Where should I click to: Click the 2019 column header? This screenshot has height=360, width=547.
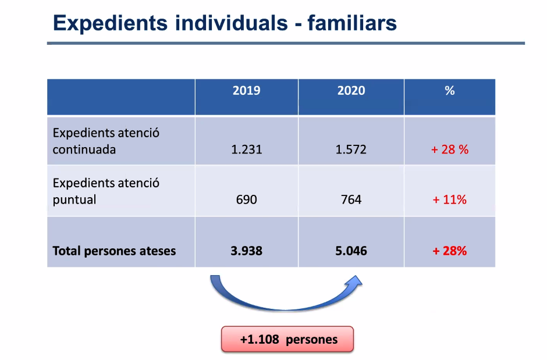click(246, 91)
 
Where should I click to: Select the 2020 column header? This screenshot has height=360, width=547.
click(351, 91)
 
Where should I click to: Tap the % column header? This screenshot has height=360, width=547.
click(449, 91)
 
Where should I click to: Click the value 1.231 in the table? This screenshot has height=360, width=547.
click(246, 149)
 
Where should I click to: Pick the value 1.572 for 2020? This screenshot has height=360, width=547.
click(351, 149)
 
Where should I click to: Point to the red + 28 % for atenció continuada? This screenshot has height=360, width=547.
click(450, 149)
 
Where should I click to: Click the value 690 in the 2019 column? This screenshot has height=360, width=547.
click(246, 199)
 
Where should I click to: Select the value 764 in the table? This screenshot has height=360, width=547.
click(351, 199)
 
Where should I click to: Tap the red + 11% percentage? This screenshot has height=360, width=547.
click(450, 199)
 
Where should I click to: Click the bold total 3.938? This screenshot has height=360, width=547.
click(246, 251)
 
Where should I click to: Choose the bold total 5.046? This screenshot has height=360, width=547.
click(351, 251)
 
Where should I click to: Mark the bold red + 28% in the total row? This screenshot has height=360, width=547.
click(450, 251)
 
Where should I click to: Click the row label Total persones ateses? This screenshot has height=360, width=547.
click(114, 251)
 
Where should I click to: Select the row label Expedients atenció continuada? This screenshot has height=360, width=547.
click(106, 141)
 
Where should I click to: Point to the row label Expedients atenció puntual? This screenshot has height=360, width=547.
click(106, 191)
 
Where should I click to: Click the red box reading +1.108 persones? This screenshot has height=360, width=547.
click(287, 339)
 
